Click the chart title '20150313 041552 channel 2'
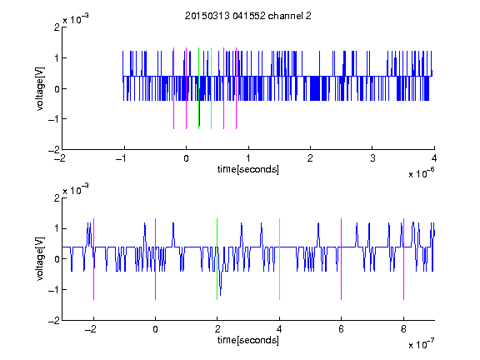pos(248,16)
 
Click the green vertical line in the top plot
pos(198,88)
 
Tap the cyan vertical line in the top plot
pos(211,88)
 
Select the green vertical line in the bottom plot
pos(217,259)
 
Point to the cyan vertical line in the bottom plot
pos(279,259)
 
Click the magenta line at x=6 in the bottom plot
pos(342,259)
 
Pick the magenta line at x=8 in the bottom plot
pos(404,259)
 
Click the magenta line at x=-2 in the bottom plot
pos(93,259)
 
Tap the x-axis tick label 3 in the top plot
pos(372,158)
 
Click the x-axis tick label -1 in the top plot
pos(122,158)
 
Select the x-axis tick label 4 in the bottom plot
pos(279,329)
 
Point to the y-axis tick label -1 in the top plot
pos(54,119)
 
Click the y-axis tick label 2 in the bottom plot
pos(57,198)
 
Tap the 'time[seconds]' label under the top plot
pos(248,169)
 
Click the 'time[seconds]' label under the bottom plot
pos(248,340)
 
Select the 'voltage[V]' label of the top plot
pos(40,88)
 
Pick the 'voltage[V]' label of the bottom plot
pos(40,258)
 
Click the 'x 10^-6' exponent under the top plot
pos(422,173)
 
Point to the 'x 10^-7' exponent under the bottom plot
pos(422,344)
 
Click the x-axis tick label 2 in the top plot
pos(310,158)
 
